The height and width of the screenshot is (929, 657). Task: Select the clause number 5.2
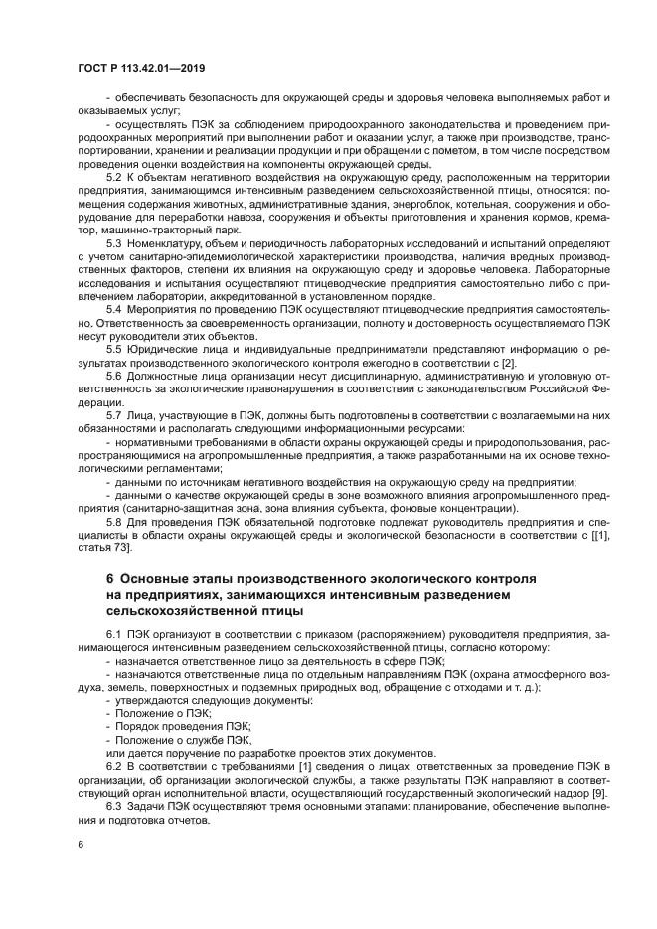[114, 176]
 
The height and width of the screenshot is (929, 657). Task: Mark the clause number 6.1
[114, 633]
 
